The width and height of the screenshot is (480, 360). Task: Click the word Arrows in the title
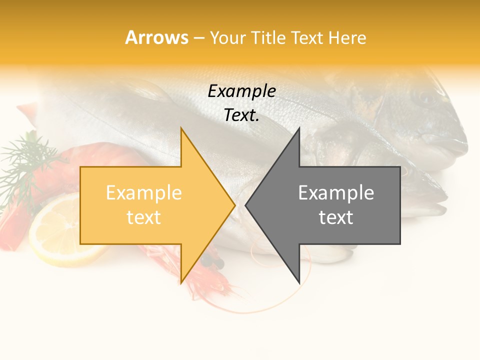click(x=157, y=37)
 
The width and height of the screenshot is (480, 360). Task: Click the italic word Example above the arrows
click(x=241, y=91)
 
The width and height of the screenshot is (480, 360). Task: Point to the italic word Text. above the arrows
click(x=241, y=115)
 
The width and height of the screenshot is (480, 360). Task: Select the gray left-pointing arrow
click(x=330, y=205)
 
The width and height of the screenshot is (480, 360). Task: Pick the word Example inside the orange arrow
click(x=143, y=193)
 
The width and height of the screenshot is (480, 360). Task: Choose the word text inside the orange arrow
click(x=143, y=217)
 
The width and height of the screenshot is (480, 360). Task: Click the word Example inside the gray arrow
click(x=336, y=193)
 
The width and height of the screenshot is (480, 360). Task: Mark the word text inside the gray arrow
click(x=336, y=217)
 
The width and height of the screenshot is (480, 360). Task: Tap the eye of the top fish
click(x=426, y=97)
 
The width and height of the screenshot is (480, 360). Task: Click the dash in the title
click(x=198, y=37)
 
